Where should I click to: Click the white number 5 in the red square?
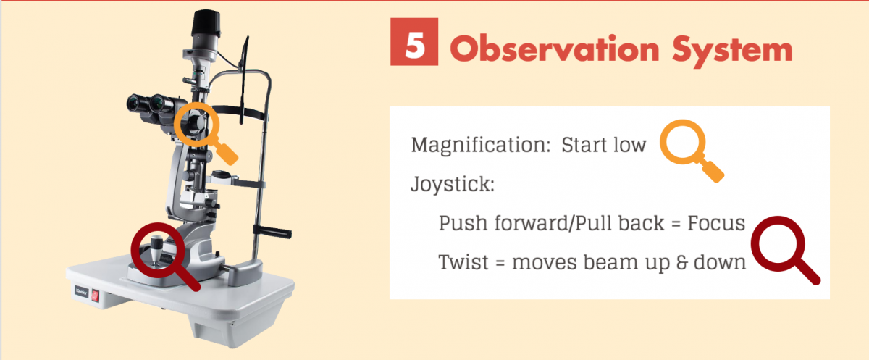415,45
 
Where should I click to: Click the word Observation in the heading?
555,49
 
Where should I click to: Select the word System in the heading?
732,51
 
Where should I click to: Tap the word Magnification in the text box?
481,145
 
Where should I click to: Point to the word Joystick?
453,184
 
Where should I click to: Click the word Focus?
716,223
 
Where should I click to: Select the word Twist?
463,262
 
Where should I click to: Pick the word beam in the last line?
611,262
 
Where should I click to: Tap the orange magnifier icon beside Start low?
683,142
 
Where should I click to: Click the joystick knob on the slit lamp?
156,248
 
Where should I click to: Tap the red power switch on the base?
95,297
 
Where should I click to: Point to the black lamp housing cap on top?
206,23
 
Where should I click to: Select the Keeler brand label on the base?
81,292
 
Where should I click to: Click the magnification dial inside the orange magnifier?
196,123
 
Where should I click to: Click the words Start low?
604,145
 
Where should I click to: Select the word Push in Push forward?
463,223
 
